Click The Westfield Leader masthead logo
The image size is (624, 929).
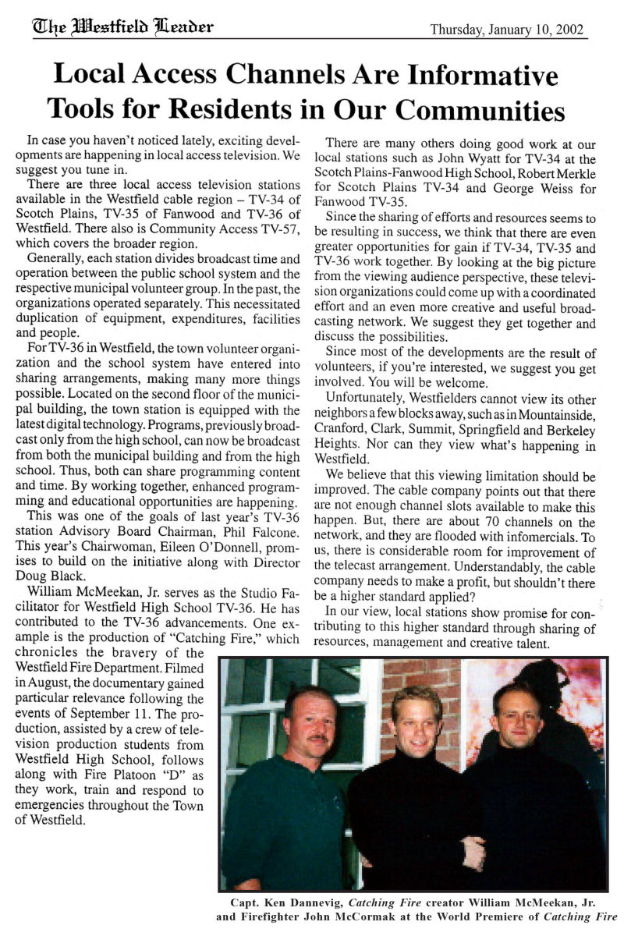122,27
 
